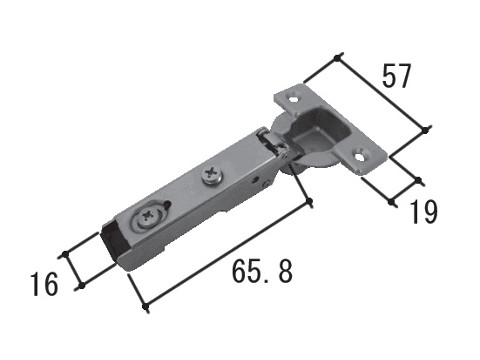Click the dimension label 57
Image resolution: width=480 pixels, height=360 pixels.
[396, 76]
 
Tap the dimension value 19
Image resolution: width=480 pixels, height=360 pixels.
[423, 212]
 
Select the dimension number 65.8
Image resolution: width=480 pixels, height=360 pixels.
[262, 271]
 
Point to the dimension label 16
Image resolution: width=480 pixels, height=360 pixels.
[44, 284]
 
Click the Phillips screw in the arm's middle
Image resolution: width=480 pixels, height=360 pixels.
[212, 175]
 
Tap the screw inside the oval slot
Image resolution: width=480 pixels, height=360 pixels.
[147, 217]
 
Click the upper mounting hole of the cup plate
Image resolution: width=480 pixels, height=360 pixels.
[293, 99]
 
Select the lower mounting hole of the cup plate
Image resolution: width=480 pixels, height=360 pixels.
[360, 156]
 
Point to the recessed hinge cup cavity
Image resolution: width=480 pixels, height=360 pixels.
[317, 132]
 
